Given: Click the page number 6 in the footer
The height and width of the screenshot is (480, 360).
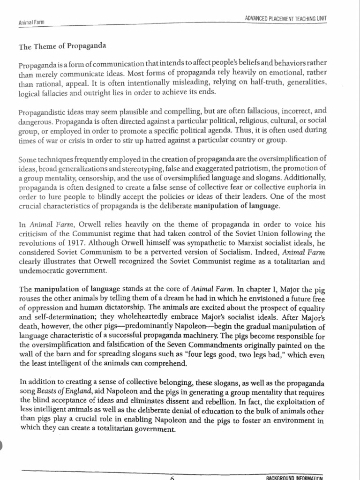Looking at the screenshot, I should [x=172, y=476].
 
